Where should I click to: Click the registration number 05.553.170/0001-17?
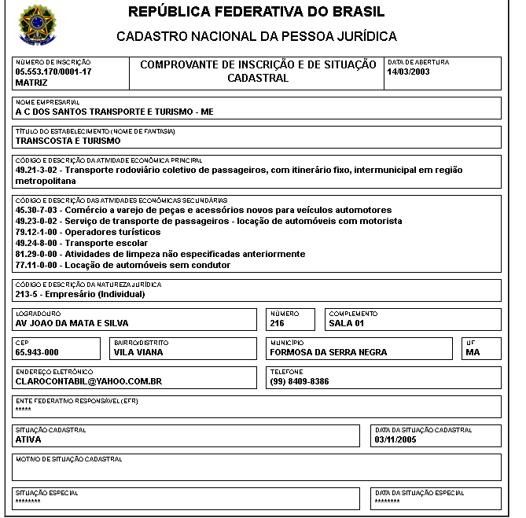click(53, 72)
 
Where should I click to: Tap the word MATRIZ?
click(31, 82)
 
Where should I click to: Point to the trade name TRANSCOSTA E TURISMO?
click(68, 141)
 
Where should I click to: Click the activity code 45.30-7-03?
click(37, 211)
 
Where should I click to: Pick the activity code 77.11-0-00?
click(37, 266)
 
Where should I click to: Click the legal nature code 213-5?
click(28, 295)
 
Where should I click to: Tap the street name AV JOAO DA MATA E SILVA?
click(72, 323)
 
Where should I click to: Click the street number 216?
click(278, 323)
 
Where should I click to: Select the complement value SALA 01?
click(346, 323)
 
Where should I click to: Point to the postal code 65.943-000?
click(37, 352)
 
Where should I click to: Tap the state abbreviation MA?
click(473, 352)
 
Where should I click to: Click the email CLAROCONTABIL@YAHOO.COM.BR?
click(88, 381)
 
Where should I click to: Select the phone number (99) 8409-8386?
click(300, 381)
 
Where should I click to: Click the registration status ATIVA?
click(28, 439)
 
